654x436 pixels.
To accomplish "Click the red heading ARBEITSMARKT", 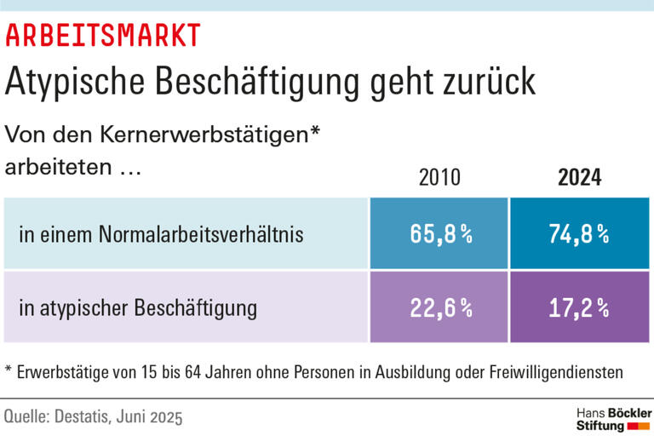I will pos(103,35).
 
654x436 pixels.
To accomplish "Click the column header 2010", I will pos(439,178).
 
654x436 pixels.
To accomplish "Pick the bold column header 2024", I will pos(580,178).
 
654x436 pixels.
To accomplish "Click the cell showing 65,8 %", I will pos(439,234).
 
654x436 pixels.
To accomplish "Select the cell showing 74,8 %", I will pos(580,234).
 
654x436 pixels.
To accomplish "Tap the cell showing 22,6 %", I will pos(439,307).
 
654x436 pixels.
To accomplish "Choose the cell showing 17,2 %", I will pos(580,307).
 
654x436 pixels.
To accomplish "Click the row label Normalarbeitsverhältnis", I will pos(202,234).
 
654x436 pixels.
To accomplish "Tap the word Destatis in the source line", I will pos(89,417).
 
